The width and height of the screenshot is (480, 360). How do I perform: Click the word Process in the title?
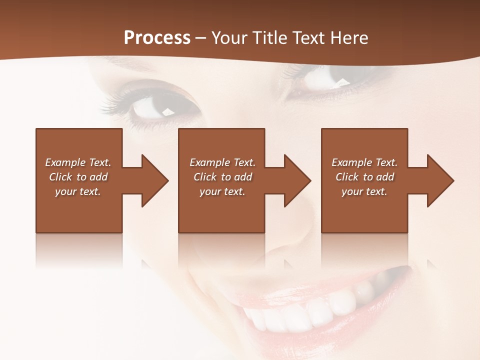click(x=157, y=38)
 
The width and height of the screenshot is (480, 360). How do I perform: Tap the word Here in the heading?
click(x=348, y=38)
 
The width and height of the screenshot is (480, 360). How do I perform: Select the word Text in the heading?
click(x=308, y=38)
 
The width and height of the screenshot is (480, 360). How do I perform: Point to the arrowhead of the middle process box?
click(x=297, y=180)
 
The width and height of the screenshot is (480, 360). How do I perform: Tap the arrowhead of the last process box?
click(x=440, y=180)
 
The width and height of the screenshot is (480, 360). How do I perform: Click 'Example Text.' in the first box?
click(x=78, y=162)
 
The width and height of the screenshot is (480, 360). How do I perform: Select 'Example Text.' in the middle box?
click(x=222, y=162)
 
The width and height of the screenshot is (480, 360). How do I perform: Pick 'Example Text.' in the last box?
click(x=364, y=162)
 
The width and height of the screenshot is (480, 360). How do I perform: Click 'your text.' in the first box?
click(x=78, y=191)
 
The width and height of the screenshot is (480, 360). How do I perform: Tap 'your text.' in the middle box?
click(x=222, y=191)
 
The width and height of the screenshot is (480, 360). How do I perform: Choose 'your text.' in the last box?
click(x=364, y=191)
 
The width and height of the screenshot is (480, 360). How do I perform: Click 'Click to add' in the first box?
click(x=78, y=177)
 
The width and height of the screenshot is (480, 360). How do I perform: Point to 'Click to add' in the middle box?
click(x=222, y=177)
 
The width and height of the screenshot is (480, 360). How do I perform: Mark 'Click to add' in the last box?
click(x=364, y=177)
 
